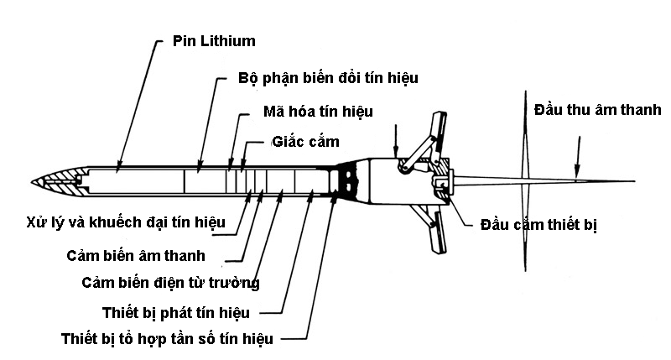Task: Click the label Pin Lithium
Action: pyautogui.click(x=214, y=41)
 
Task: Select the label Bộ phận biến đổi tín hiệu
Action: pyautogui.click(x=328, y=78)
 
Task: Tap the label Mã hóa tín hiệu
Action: pyautogui.click(x=317, y=111)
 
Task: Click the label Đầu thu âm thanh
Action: pyautogui.click(x=598, y=110)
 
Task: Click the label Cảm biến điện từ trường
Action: pyautogui.click(x=170, y=282)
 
